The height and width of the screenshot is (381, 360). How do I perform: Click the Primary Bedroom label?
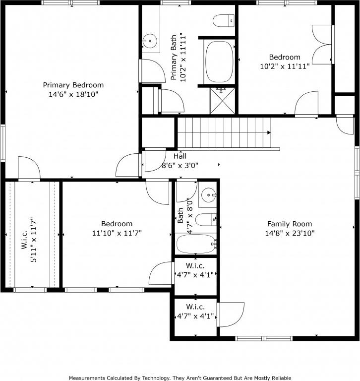(73, 85)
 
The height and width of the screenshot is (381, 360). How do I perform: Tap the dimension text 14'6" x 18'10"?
(73, 94)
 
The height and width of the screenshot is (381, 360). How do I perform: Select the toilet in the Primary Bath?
(223, 20)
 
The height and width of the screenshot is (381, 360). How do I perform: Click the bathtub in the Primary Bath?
(219, 62)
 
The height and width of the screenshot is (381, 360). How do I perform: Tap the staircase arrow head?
(269, 132)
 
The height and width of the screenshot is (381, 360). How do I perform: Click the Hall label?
(180, 156)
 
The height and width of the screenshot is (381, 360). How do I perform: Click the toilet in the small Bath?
(206, 218)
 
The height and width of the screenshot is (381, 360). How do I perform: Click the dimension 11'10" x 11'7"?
(117, 233)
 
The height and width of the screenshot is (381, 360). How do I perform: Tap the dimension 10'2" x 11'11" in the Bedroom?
(285, 66)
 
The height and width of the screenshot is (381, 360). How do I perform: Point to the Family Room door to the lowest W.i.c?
(231, 315)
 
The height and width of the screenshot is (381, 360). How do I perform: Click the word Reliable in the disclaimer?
(279, 378)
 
